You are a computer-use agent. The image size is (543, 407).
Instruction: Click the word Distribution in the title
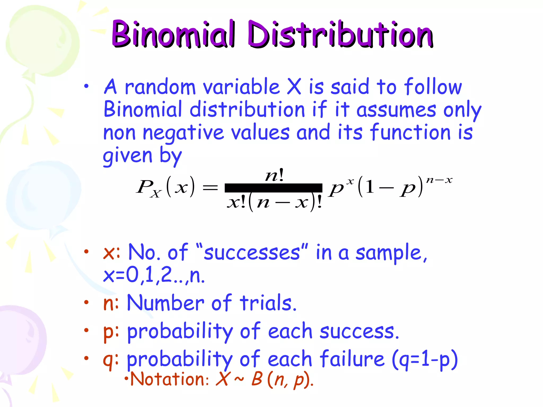pos(341,34)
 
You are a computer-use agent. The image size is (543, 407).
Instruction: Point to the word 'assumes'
pos(396,110)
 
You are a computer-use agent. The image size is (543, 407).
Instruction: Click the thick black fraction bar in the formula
pos(273,188)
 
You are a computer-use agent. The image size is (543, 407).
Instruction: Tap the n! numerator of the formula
pos(275,175)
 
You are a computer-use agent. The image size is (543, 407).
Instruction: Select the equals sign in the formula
pos(210,188)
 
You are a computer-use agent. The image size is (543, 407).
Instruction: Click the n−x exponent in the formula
pos(439,180)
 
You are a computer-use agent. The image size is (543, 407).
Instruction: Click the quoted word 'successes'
pos(252,252)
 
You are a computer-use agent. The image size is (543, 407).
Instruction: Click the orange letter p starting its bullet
pos(109,332)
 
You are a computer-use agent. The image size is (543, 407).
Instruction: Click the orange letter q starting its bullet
pos(109,360)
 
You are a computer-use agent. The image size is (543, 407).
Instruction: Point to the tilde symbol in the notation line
pos(239,379)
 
